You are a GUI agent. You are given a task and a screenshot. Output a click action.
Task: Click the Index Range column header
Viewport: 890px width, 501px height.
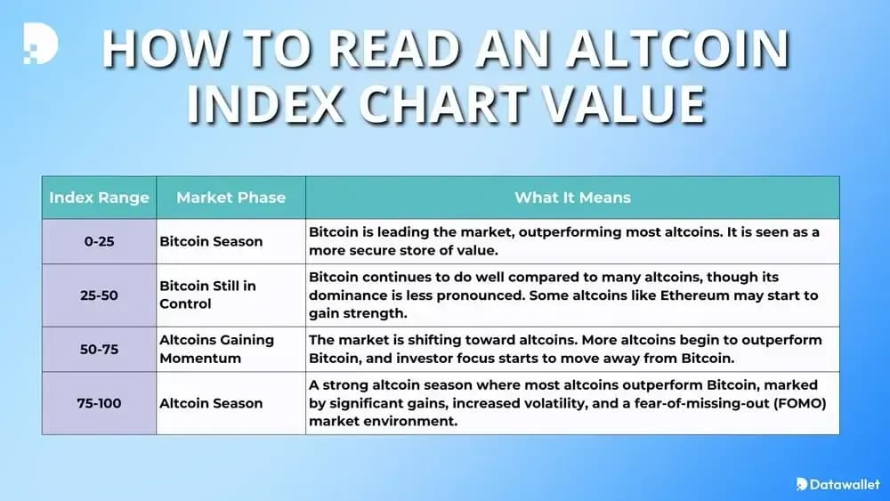coord(99,198)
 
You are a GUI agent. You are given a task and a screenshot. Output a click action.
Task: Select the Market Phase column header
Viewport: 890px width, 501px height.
coord(231,198)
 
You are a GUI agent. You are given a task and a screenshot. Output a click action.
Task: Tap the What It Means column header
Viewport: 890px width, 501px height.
coord(572,198)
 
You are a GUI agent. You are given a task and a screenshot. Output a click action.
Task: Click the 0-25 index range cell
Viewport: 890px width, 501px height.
coord(99,241)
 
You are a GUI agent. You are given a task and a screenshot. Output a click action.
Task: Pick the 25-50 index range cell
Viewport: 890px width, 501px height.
coord(99,295)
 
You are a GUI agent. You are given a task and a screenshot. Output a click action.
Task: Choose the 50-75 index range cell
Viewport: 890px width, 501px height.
coord(99,349)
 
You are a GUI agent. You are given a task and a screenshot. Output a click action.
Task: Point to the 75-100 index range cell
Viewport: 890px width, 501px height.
coord(99,403)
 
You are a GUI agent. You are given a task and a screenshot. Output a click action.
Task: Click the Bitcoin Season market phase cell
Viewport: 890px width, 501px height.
coord(211,241)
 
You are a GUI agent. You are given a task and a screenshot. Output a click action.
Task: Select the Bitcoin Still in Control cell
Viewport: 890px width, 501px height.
coord(209,295)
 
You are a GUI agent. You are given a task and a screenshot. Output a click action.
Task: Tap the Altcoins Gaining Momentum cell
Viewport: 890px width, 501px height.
coord(216,349)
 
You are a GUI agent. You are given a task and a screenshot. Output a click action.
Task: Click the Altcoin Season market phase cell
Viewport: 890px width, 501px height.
coord(211,403)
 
